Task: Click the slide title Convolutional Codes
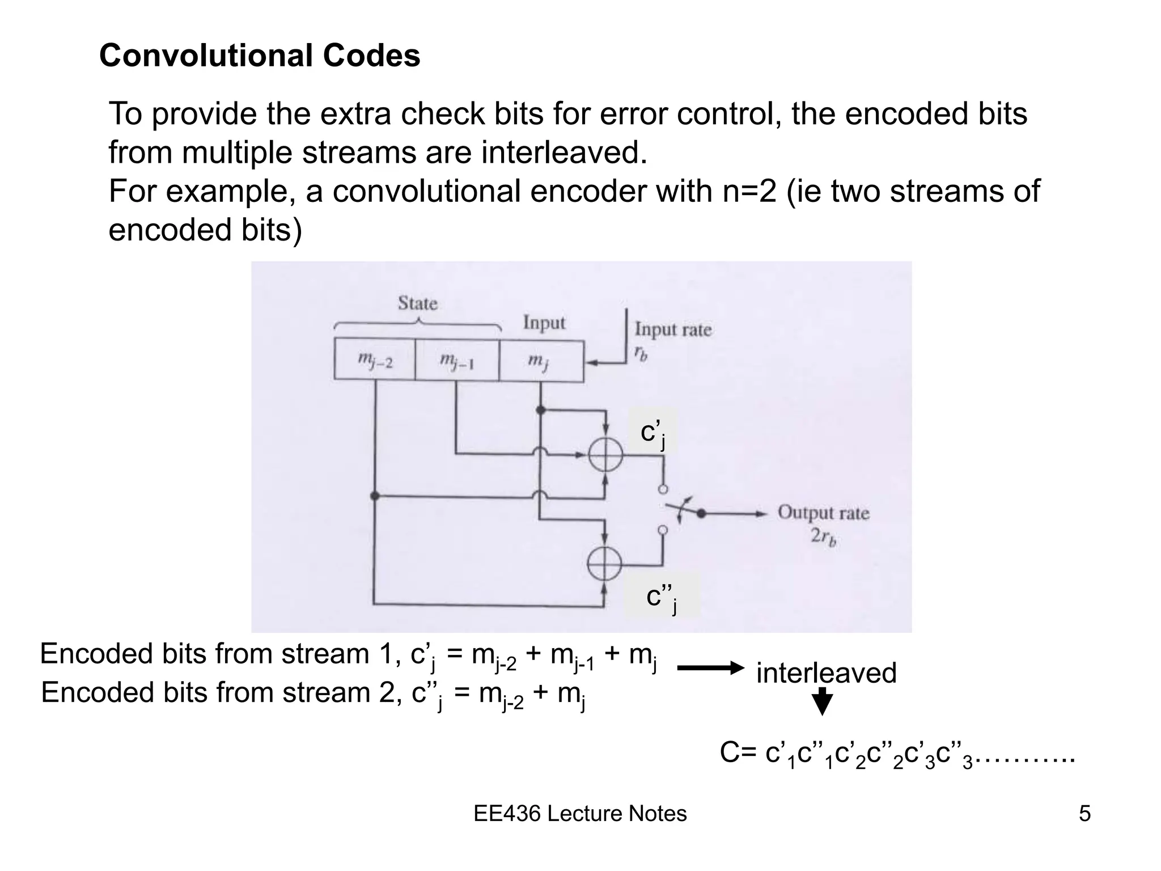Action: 260,56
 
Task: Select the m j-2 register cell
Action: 375,360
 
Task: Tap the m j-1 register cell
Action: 457,360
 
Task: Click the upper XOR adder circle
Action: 605,455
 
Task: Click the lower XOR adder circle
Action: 605,564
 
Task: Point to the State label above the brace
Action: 417,303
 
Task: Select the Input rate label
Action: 672,329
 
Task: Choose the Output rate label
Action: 823,513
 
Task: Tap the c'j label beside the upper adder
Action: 652,434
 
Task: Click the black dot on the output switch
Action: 701,513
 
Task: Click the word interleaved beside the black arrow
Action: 826,673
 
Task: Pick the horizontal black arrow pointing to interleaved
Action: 710,669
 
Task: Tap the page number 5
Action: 1084,814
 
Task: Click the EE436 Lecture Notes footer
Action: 580,814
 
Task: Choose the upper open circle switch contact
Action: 663,489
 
